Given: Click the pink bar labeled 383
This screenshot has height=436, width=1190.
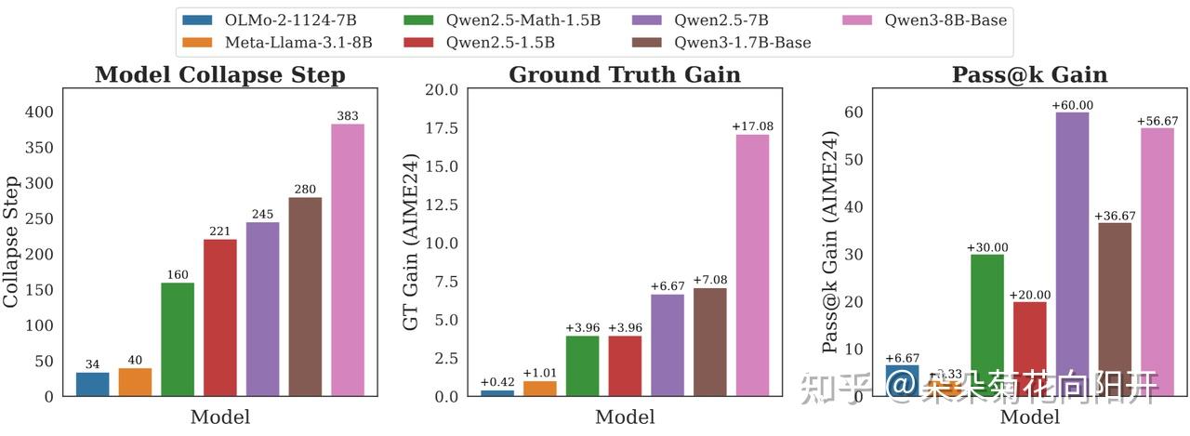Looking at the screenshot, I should (348, 260).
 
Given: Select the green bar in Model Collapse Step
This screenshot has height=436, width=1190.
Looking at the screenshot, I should (178, 339).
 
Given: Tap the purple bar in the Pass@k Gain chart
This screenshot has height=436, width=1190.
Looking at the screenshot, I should (1072, 254).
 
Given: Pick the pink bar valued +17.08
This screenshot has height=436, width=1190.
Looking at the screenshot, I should (752, 266).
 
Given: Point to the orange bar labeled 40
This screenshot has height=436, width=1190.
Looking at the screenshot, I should (135, 382).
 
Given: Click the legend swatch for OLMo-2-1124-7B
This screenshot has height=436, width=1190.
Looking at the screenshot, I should (197, 20).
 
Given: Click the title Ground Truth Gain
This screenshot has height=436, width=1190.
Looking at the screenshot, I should (625, 75).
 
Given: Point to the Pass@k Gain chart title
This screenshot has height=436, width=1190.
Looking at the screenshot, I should (1029, 75).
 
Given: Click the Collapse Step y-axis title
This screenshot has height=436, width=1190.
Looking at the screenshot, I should (12, 243).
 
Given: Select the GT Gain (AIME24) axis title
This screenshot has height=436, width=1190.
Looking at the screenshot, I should (411, 243).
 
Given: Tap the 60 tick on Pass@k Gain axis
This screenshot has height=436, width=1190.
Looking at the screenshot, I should (853, 112).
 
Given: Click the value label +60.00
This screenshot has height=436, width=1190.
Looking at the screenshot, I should (1072, 106).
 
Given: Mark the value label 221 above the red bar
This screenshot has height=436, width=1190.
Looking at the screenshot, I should (220, 232).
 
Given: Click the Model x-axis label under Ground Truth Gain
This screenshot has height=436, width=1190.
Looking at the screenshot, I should (625, 417).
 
